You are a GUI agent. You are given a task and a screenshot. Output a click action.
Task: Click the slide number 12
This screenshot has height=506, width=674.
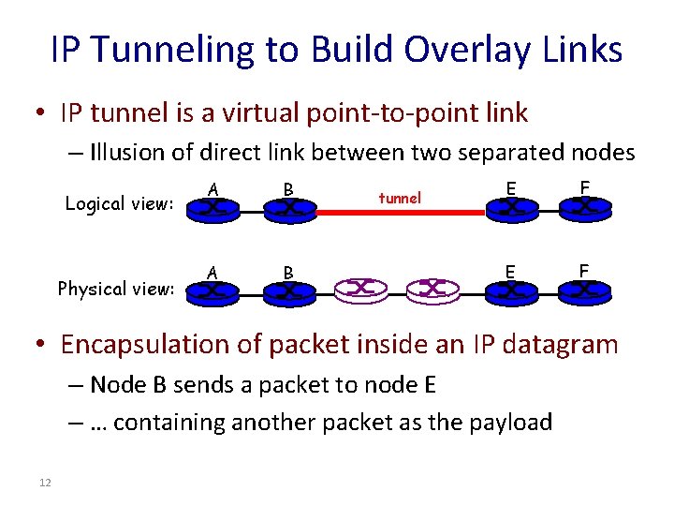tap(45, 482)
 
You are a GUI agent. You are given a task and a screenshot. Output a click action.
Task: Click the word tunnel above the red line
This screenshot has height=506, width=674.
tap(400, 198)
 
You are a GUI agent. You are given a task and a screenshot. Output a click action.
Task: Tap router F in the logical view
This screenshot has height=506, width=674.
tap(585, 208)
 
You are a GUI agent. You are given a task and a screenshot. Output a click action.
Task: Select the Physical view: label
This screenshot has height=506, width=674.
tap(116, 288)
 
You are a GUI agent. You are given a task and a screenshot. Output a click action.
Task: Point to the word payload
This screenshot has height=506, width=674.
tap(510, 423)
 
